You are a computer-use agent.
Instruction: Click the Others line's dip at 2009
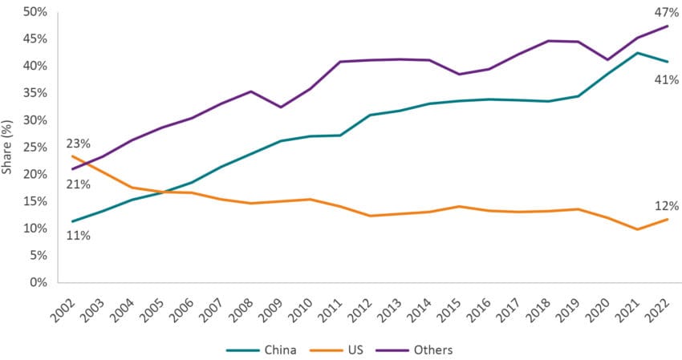[278, 107]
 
